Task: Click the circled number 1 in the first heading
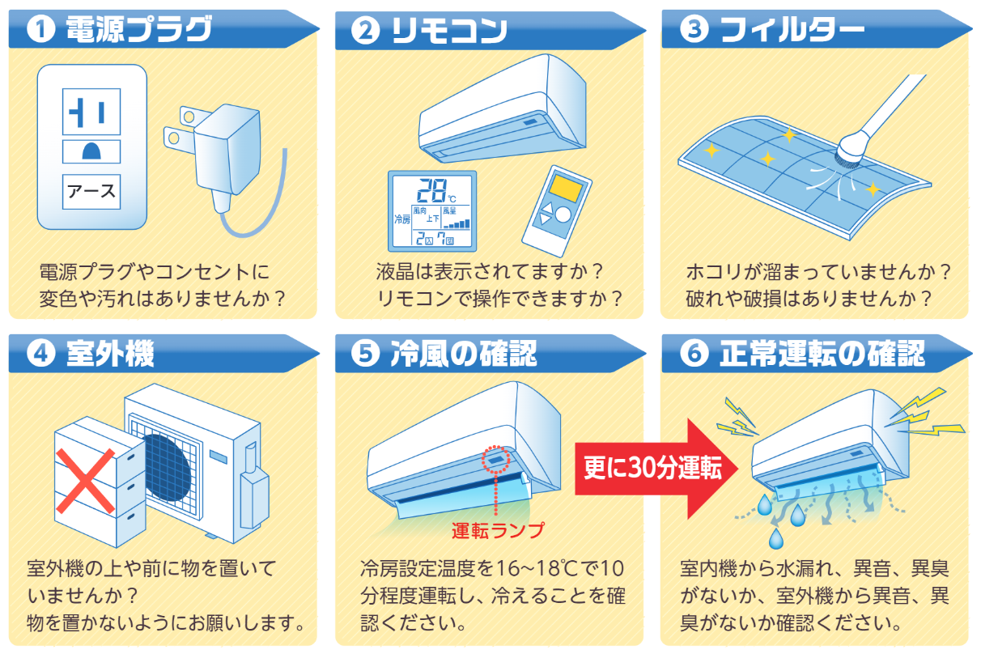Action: (x=40, y=29)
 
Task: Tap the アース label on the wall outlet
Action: (x=91, y=192)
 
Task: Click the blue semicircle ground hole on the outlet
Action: (x=91, y=151)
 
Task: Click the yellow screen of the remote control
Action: (x=566, y=188)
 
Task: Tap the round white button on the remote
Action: (x=563, y=214)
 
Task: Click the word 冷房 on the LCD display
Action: (x=402, y=219)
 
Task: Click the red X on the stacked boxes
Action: (x=86, y=481)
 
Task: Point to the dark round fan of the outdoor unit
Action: (x=168, y=467)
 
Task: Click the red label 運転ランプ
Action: (x=498, y=530)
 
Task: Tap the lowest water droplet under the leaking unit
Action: (x=775, y=539)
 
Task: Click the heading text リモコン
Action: (x=449, y=31)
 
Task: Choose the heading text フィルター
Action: (x=792, y=29)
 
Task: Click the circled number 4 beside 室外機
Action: (x=40, y=353)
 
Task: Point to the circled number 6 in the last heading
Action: (x=694, y=353)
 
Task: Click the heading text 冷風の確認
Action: (x=463, y=353)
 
